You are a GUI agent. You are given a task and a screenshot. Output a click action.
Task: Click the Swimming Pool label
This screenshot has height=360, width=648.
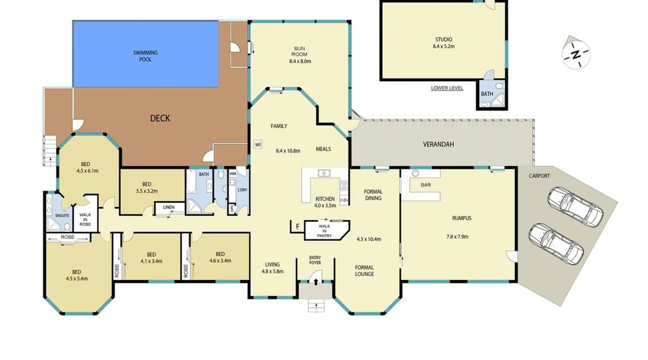(x=145, y=56)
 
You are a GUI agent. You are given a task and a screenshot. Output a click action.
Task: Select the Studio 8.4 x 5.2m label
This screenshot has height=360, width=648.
(x=444, y=43)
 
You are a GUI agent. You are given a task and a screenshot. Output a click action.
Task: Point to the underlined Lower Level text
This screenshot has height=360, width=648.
(x=447, y=88)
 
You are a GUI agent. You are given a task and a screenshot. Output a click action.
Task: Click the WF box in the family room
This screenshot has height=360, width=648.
(x=258, y=145)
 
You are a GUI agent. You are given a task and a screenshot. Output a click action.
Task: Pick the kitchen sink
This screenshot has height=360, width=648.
(x=324, y=173)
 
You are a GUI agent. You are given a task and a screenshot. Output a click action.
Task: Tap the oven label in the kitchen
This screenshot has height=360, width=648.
(x=344, y=200)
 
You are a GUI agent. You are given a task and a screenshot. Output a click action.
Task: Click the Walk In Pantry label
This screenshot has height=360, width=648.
(x=324, y=231)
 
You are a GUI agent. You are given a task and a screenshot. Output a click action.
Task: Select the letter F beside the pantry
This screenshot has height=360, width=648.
(x=298, y=227)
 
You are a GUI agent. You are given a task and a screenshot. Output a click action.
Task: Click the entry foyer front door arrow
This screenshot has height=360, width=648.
(x=316, y=282)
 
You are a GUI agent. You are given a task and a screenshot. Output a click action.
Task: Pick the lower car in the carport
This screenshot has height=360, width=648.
(x=556, y=244)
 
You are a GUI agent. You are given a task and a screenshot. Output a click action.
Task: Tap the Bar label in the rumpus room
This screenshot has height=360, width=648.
(x=426, y=185)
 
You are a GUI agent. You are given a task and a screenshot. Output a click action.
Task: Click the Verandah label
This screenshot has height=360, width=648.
(x=438, y=144)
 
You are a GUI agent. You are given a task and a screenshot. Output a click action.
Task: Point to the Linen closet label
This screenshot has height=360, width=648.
(x=169, y=207)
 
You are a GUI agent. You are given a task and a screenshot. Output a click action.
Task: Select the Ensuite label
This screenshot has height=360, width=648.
(x=62, y=216)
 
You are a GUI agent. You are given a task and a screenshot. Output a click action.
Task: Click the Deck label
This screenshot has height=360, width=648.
(x=160, y=118)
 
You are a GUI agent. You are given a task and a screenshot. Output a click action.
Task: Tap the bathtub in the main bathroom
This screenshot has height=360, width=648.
(x=191, y=182)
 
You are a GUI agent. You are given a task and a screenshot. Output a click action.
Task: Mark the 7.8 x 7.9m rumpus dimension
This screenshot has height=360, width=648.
(x=457, y=237)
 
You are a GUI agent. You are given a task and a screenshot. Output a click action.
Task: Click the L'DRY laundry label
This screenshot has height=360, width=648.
(x=242, y=190)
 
